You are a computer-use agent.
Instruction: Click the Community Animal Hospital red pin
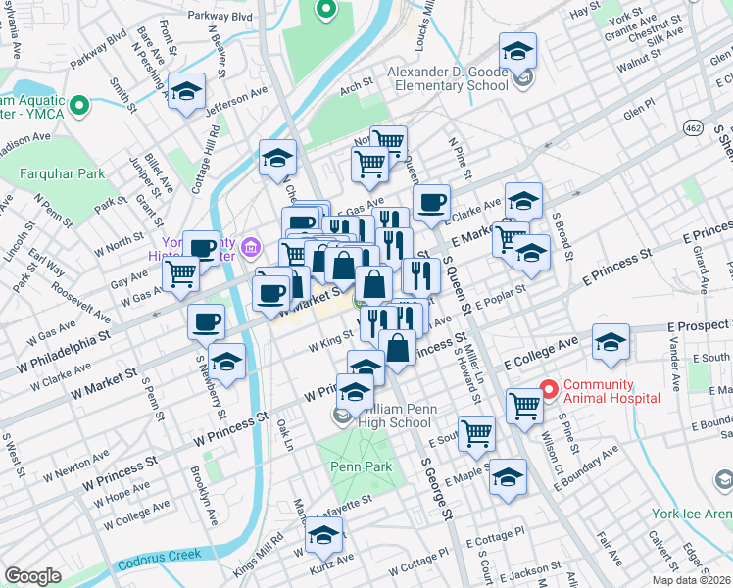[x=548, y=390]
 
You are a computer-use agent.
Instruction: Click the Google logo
[x=32, y=576]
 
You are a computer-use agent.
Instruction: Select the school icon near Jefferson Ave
[x=186, y=92]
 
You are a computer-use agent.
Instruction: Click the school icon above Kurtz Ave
[x=323, y=536]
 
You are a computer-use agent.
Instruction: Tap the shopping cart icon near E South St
[x=476, y=430]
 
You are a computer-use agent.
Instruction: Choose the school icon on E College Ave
[x=610, y=343]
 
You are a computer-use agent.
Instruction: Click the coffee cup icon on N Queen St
[x=430, y=203]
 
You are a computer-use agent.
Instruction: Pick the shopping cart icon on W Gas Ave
[x=180, y=273]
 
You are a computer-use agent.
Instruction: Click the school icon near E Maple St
[x=508, y=477]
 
